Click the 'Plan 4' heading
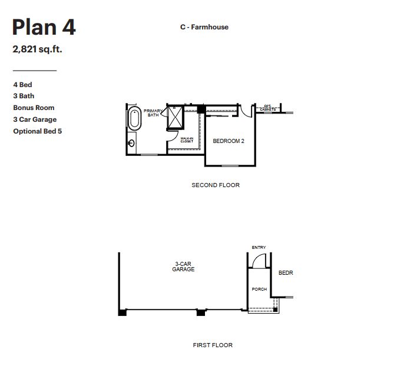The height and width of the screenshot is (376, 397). [x=44, y=27]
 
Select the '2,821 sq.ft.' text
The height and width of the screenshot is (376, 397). [x=37, y=49]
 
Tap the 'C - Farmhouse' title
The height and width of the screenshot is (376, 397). [x=204, y=27]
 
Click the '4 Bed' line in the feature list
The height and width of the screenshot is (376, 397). [x=22, y=85]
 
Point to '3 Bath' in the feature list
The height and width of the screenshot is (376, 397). [x=24, y=96]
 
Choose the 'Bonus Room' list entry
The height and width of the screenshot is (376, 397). [x=34, y=108]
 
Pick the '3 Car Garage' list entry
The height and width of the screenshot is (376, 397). [x=35, y=119]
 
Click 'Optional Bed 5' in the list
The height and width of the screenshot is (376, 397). [x=37, y=131]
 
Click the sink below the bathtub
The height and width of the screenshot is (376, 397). [x=132, y=143]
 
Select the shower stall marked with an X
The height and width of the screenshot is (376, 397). [x=176, y=117]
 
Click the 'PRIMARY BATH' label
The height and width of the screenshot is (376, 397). [x=153, y=113]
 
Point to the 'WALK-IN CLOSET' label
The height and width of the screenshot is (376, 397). [x=187, y=140]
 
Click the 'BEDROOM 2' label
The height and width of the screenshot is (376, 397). [x=229, y=141]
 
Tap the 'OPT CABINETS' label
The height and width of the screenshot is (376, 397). [x=268, y=108]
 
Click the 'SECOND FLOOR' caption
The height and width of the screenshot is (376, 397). [x=216, y=185]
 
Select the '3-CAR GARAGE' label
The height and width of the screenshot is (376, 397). [x=183, y=267]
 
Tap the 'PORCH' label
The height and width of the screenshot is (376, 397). [x=259, y=290]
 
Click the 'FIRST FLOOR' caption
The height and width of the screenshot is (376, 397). [x=213, y=345]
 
